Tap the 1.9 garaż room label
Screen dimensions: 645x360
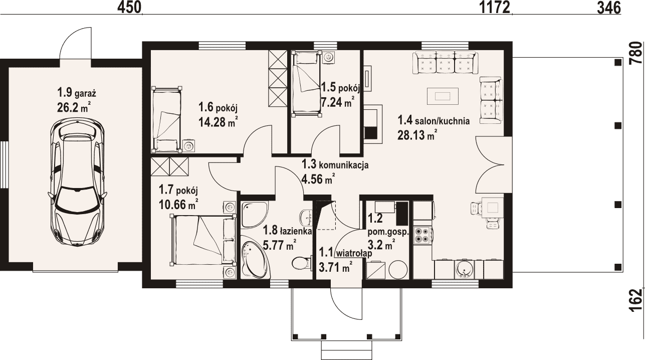coord(77,93)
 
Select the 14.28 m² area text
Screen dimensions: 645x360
coord(219,122)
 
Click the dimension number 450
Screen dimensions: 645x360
coord(130,8)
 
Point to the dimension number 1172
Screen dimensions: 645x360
coord(495,8)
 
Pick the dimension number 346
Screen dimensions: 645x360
coord(609,8)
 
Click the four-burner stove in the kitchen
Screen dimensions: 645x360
coord(422,235)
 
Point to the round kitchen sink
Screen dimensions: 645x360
coord(464,270)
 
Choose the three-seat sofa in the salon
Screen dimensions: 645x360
coord(446,63)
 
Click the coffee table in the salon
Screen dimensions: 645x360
coord(443,96)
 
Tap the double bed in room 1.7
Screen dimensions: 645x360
coord(203,239)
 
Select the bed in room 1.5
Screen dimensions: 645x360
coord(307,84)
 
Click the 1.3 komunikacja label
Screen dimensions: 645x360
coord(335,165)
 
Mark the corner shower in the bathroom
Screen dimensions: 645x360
coord(255,214)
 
